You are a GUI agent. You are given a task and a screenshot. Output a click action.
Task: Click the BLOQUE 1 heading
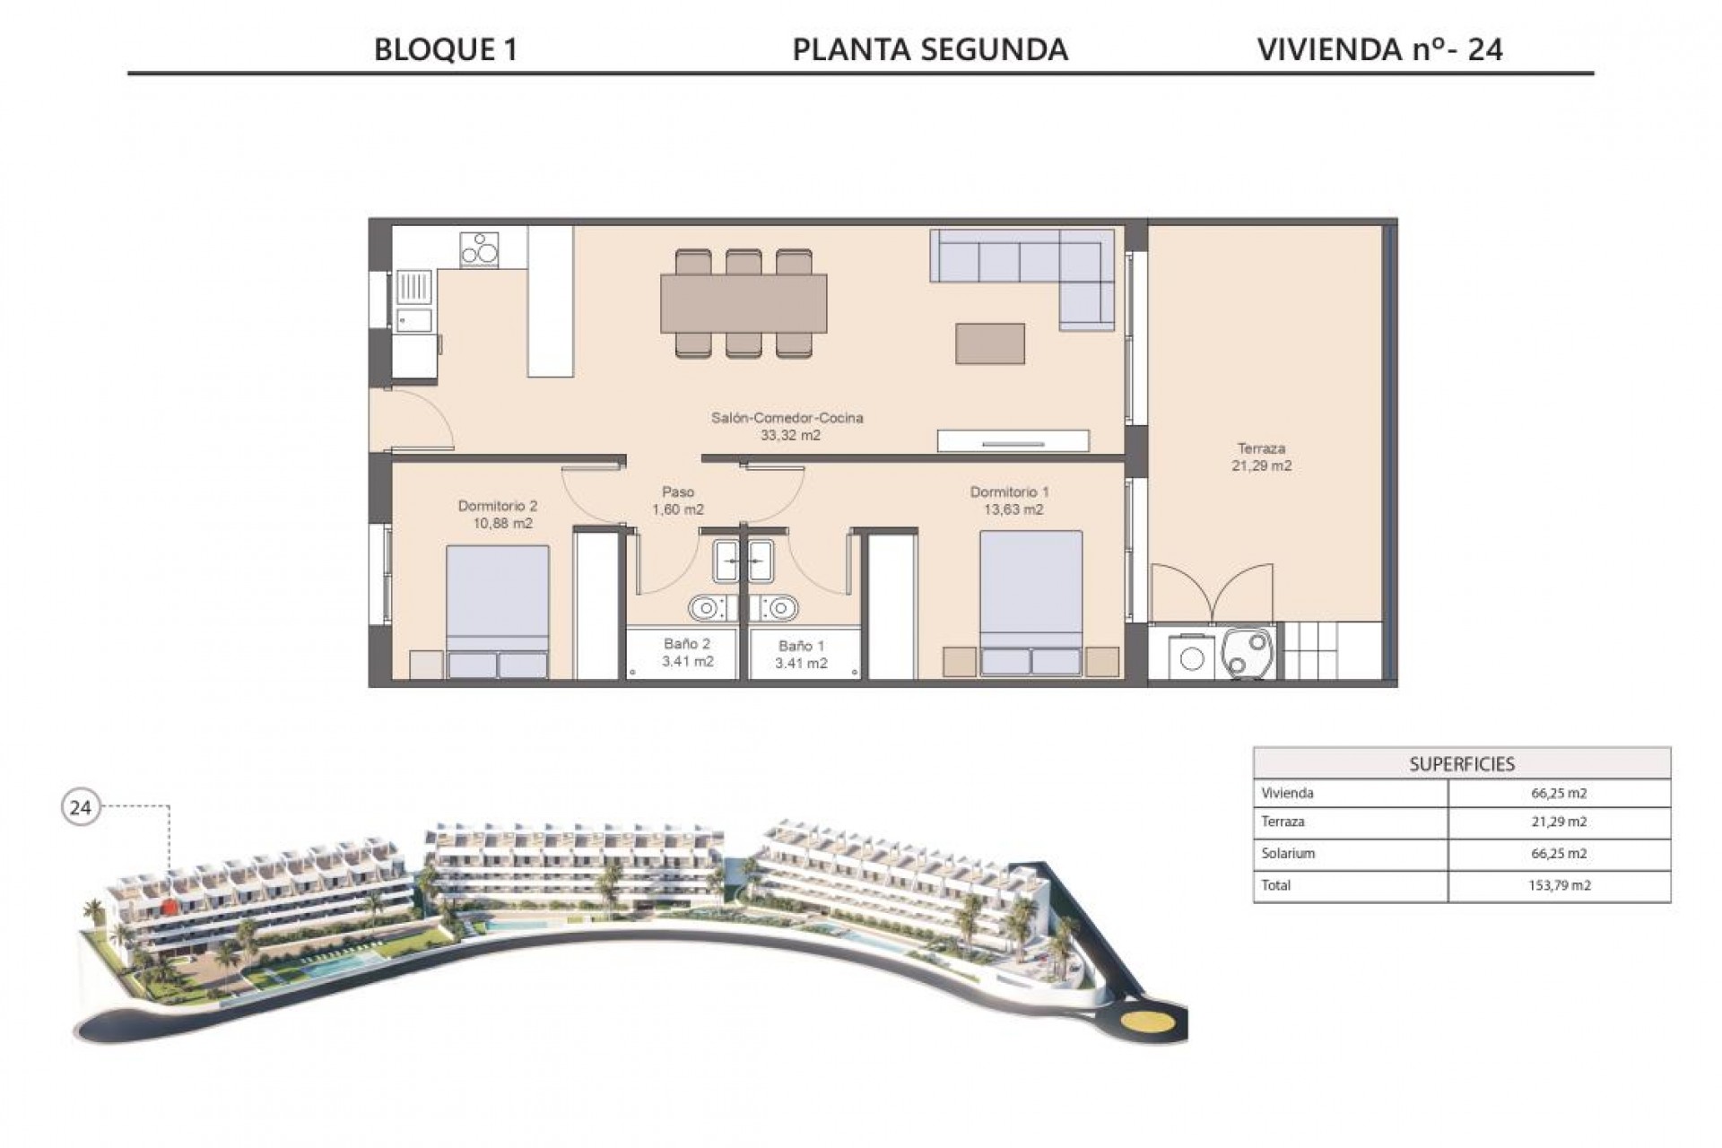(x=446, y=49)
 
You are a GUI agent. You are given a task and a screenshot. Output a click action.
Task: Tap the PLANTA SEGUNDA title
(x=930, y=49)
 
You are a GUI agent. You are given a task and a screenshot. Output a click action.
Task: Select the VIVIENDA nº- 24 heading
(x=1379, y=49)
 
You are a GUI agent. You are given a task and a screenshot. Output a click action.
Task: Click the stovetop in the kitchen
(x=479, y=249)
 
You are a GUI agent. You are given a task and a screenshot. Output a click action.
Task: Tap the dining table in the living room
(x=744, y=304)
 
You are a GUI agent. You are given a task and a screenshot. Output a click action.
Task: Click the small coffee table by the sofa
(x=990, y=344)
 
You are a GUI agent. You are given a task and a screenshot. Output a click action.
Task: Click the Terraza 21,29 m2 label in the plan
(x=1261, y=457)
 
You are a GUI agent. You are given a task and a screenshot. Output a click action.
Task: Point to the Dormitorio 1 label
(x=1009, y=500)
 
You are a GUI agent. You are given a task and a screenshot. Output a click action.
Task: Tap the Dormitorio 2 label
(x=497, y=514)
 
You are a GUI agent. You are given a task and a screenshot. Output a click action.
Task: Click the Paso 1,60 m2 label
(x=678, y=500)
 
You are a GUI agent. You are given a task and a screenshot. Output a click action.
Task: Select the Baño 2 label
(x=687, y=652)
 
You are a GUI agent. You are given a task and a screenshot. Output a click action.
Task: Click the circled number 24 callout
(x=81, y=807)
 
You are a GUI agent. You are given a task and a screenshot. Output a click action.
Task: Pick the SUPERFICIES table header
(x=1461, y=764)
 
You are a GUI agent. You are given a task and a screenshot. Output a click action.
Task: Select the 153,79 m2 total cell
(x=1559, y=885)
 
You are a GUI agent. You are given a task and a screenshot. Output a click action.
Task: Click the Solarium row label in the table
(x=1288, y=853)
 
